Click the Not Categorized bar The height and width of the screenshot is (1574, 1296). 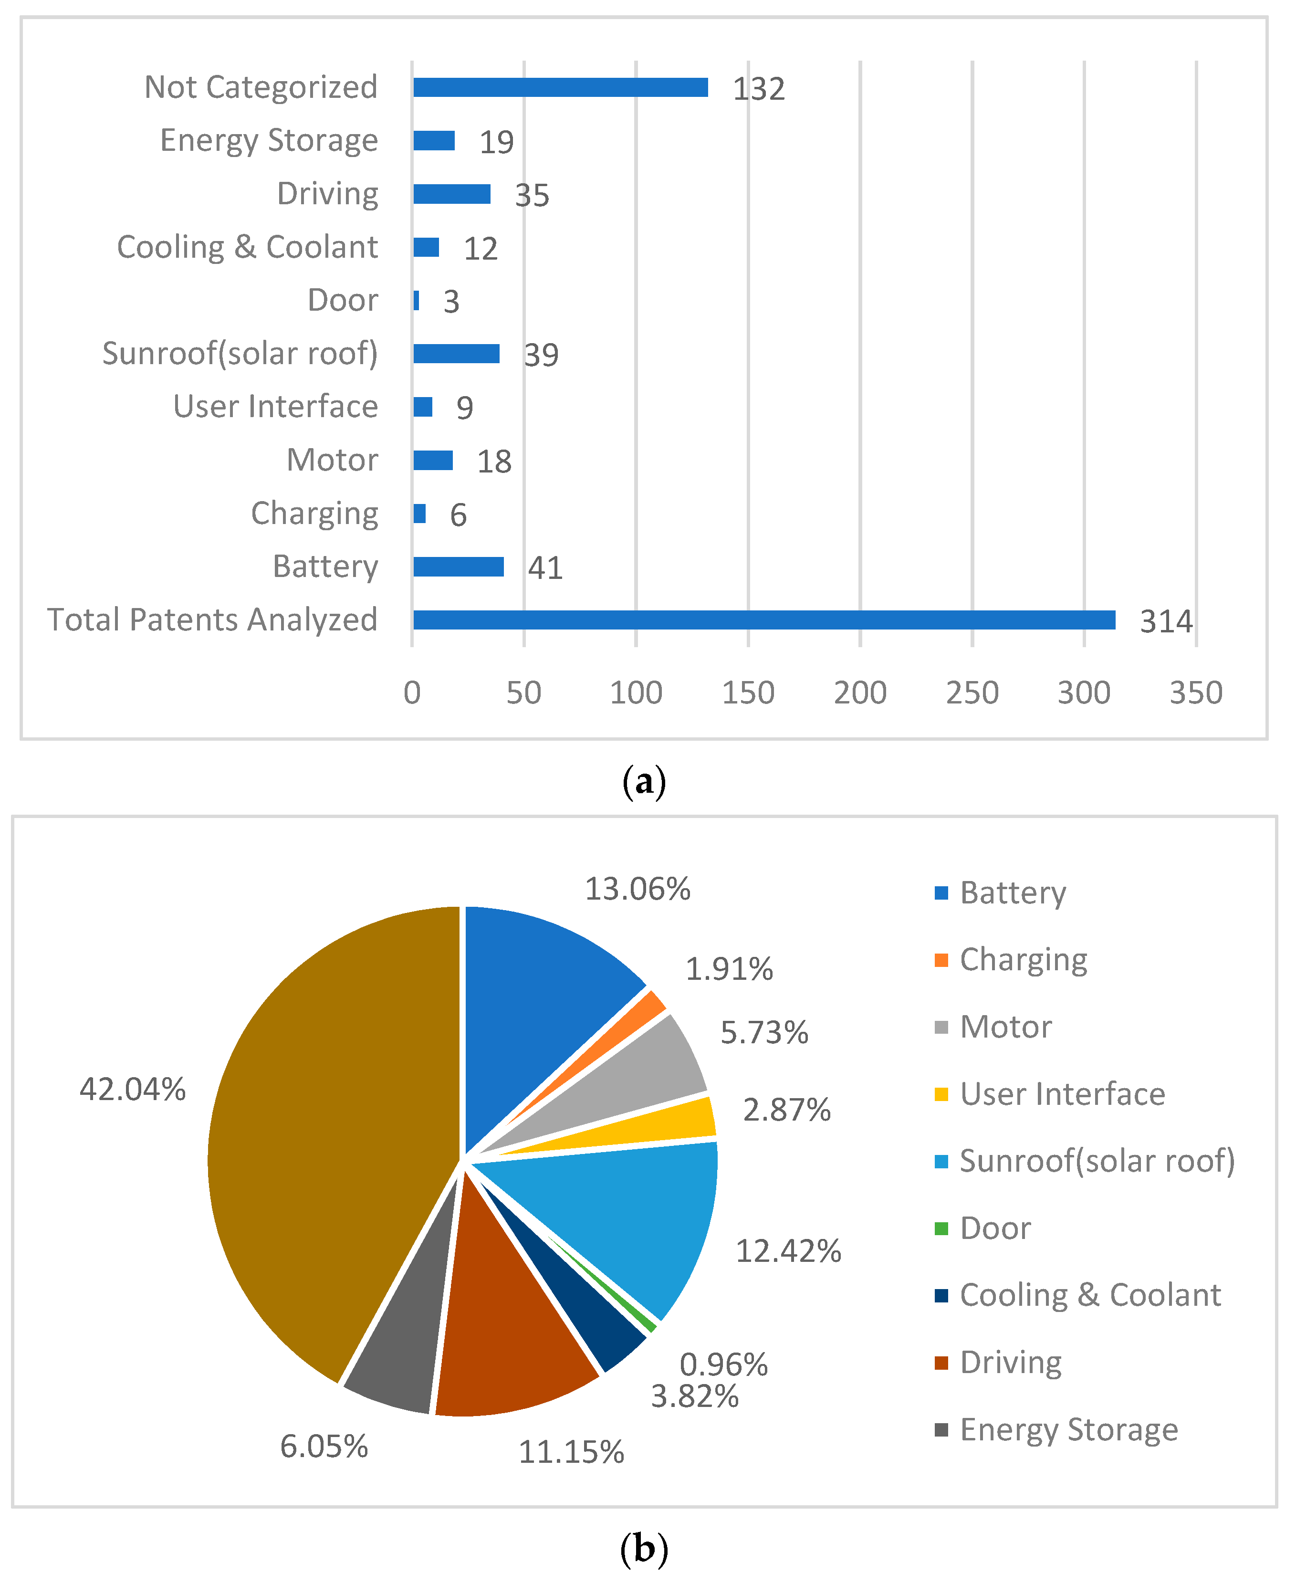pos(560,87)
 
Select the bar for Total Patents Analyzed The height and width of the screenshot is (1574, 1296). pos(763,620)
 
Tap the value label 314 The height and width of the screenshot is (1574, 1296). pos(1165,621)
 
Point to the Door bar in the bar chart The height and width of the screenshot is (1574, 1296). pos(416,300)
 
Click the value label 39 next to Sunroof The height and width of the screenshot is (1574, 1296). pos(541,355)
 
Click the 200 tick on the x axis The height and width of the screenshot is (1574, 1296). pos(860,693)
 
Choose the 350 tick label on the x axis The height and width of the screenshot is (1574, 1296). pos(1195,693)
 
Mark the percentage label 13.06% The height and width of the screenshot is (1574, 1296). pos(637,889)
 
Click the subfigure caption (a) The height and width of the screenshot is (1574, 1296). pos(644,782)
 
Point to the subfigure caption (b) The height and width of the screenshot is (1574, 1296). pos(644,1549)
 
